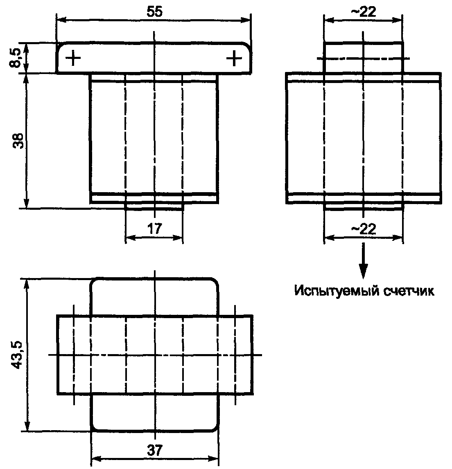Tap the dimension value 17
[x=154, y=229]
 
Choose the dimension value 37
[x=154, y=450]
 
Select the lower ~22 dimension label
[x=363, y=229]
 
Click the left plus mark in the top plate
[x=73, y=58]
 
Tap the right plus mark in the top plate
[x=234, y=58]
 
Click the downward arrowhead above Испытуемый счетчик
[x=363, y=272]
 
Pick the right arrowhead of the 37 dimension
[x=215, y=459]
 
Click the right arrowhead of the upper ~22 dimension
[x=399, y=19]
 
